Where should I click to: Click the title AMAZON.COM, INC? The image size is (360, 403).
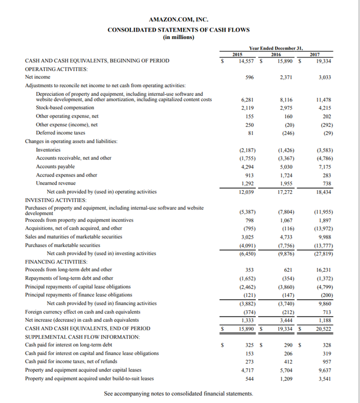coord(179,19)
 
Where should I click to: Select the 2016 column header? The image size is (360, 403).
coord(276,54)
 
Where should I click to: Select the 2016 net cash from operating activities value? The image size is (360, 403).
coord(286,192)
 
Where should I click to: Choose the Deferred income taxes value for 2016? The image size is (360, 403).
coord(285,133)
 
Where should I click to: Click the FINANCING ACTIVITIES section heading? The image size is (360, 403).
coord(56,261)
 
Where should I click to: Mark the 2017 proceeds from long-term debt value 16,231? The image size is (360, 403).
coord(328,269)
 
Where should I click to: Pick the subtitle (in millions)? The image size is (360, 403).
coord(179,37)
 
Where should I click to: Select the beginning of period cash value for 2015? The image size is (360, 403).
coord(244,61)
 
